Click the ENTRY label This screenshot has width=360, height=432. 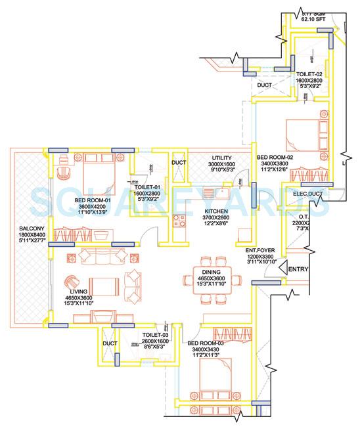(x=298, y=269)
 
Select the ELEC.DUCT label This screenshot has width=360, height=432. (x=309, y=194)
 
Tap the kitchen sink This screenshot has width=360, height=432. (x=217, y=194)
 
